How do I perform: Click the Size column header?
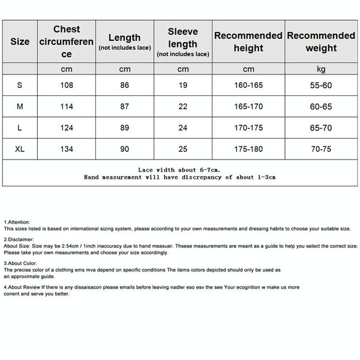20,42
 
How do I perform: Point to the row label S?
20,85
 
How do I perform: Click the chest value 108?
67,85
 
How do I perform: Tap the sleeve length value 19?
182,85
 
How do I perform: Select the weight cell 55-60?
320,85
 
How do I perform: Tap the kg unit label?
320,69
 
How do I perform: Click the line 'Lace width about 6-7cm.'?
180,170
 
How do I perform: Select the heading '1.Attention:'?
16,222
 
